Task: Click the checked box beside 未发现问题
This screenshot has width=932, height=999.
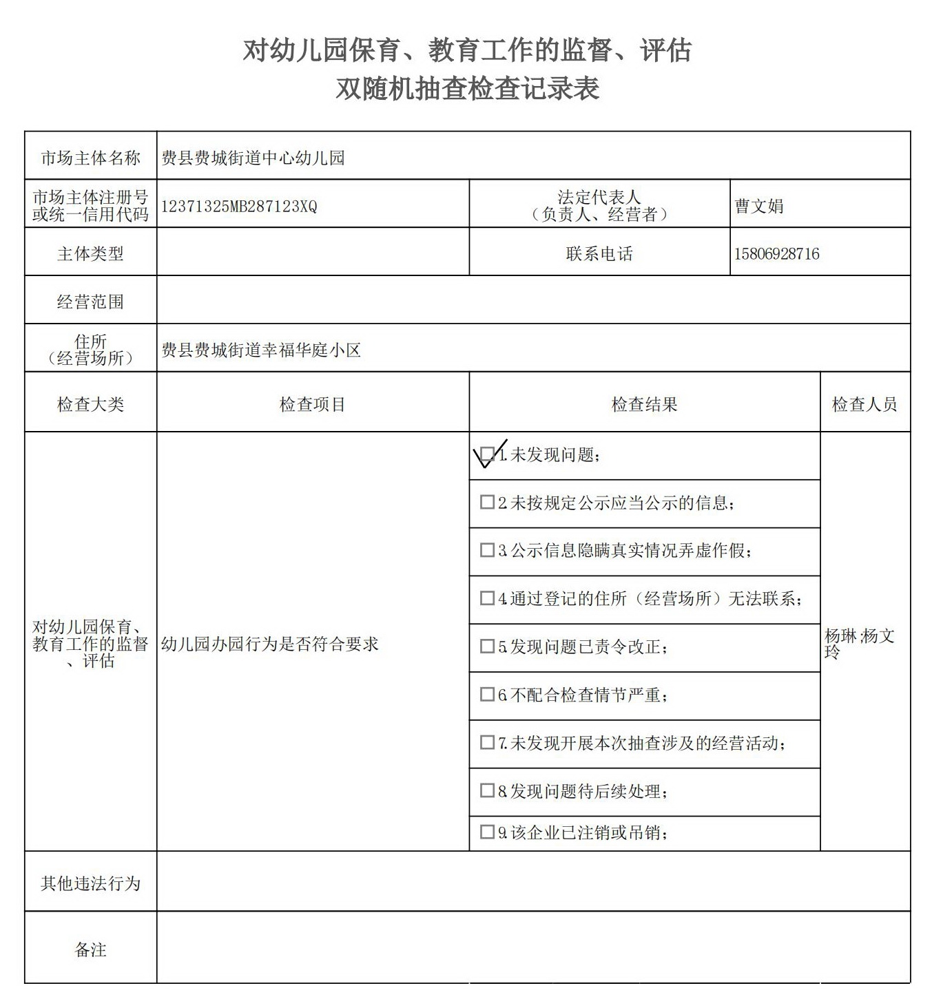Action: (487, 454)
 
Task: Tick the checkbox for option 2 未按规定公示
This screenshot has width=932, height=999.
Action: (487, 503)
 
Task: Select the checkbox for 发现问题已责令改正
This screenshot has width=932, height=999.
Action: (487, 646)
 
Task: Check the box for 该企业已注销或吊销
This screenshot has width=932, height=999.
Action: (487, 832)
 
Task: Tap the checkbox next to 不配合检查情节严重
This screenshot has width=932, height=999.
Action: (487, 695)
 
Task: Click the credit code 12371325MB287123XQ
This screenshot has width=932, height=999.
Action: (239, 207)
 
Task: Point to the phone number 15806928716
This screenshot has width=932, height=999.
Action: (776, 254)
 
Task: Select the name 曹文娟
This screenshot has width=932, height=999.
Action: (758, 206)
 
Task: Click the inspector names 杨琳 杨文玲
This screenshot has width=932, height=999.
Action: (859, 642)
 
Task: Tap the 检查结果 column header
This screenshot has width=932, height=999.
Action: (644, 405)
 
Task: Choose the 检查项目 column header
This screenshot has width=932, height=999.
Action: (312, 405)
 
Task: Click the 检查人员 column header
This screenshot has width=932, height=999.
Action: (864, 405)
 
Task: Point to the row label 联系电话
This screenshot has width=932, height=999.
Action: (599, 254)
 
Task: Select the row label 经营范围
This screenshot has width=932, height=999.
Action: (90, 302)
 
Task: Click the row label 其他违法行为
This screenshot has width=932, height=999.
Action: (90, 883)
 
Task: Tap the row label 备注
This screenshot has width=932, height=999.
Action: (90, 950)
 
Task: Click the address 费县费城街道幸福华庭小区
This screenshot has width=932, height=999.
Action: (261, 350)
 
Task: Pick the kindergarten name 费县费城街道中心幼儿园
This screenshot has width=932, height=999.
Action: (253, 158)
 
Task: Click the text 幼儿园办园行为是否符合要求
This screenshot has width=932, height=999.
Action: (270, 644)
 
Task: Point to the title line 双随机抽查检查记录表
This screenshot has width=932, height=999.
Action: (467, 88)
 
